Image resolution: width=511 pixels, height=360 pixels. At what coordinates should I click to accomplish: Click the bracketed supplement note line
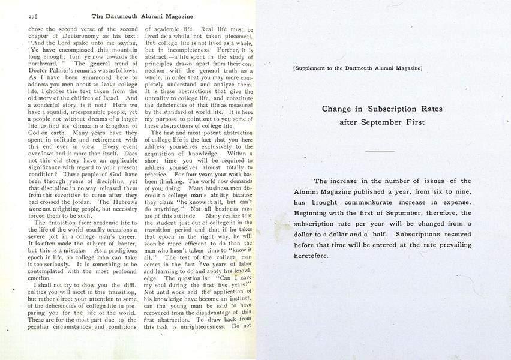[x=358, y=68]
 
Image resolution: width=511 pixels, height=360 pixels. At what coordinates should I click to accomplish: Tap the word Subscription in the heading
[x=384, y=109]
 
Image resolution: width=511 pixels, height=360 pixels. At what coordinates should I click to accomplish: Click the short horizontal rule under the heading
[x=380, y=151]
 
